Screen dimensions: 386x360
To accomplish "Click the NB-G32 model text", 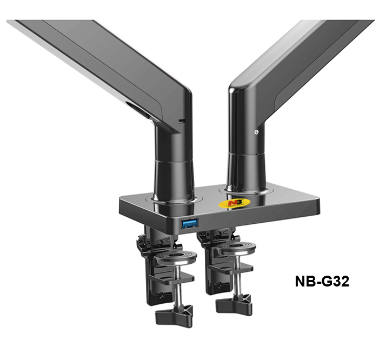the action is point(322,281).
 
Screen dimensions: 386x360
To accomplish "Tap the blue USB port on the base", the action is point(190,223).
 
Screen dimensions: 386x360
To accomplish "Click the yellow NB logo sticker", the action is point(235,203).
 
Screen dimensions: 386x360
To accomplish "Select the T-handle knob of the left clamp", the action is point(174,316).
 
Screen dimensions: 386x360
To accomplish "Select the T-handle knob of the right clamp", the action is point(234,305).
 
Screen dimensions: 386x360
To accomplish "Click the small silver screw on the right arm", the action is point(256,132).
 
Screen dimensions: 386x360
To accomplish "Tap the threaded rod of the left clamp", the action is point(178,283).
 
